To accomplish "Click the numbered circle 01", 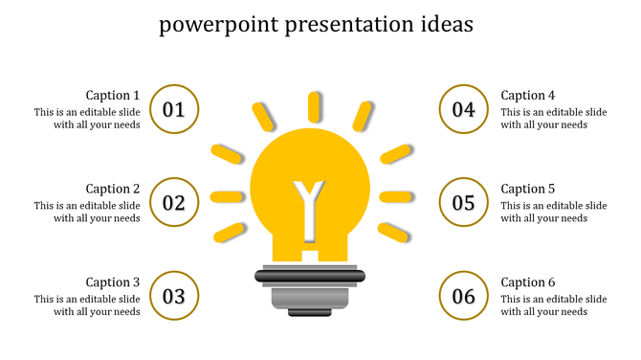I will (x=174, y=109).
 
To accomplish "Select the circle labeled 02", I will (x=174, y=202).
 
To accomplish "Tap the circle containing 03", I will (x=174, y=296).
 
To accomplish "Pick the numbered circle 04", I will (x=464, y=109).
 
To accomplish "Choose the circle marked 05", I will (x=464, y=202).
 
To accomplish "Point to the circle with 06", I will (x=464, y=296).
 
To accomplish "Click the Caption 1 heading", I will (x=113, y=95).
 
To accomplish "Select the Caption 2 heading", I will (x=113, y=189).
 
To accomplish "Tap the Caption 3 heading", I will (x=113, y=282).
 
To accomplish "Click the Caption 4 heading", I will (x=528, y=95).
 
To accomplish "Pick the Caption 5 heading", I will (x=528, y=189).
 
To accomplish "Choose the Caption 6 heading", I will (x=528, y=282).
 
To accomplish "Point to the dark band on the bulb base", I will (x=310, y=276).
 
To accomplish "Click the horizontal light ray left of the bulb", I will (x=227, y=197).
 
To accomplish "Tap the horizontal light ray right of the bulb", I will (x=395, y=196).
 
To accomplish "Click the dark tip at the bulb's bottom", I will (x=310, y=312).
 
